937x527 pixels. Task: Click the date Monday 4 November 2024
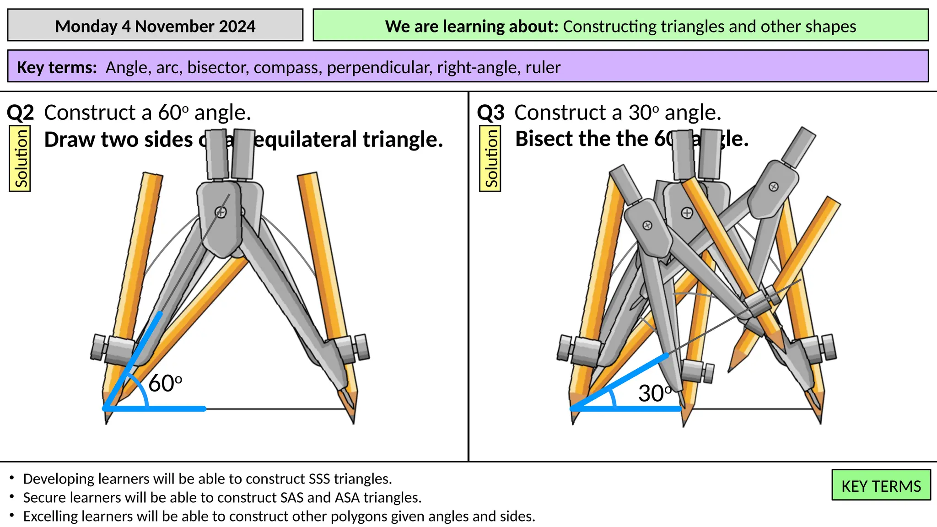[155, 27]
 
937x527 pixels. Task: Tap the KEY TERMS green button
[881, 486]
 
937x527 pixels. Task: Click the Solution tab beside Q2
[21, 158]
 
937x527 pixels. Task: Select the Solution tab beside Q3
[490, 158]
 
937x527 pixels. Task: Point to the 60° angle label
[165, 383]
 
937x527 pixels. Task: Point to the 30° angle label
[655, 393]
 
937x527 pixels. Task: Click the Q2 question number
[21, 113]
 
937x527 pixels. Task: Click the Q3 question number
[490, 113]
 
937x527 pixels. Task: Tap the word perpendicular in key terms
[379, 68]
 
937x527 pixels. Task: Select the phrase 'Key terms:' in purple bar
[57, 68]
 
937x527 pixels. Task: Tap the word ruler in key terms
[543, 68]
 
